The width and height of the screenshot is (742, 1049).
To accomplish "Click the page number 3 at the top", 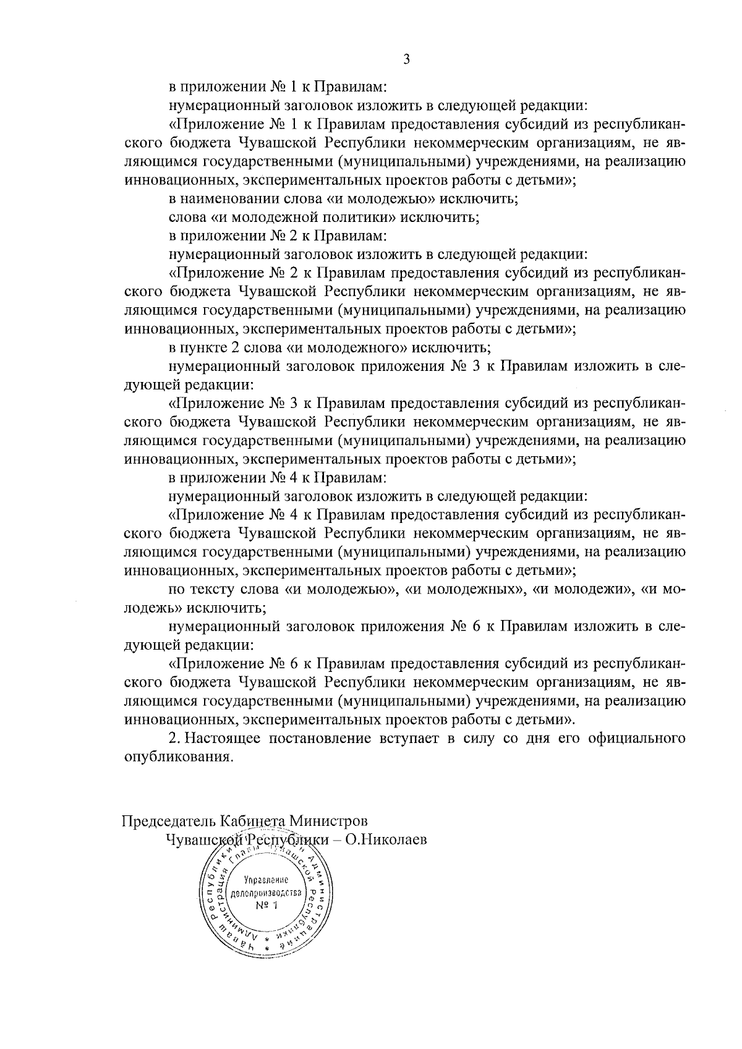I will coord(406,59).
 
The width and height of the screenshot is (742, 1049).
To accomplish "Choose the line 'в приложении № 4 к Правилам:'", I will coord(278,478).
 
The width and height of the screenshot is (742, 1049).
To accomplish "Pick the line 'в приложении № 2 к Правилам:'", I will coord(278,236).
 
